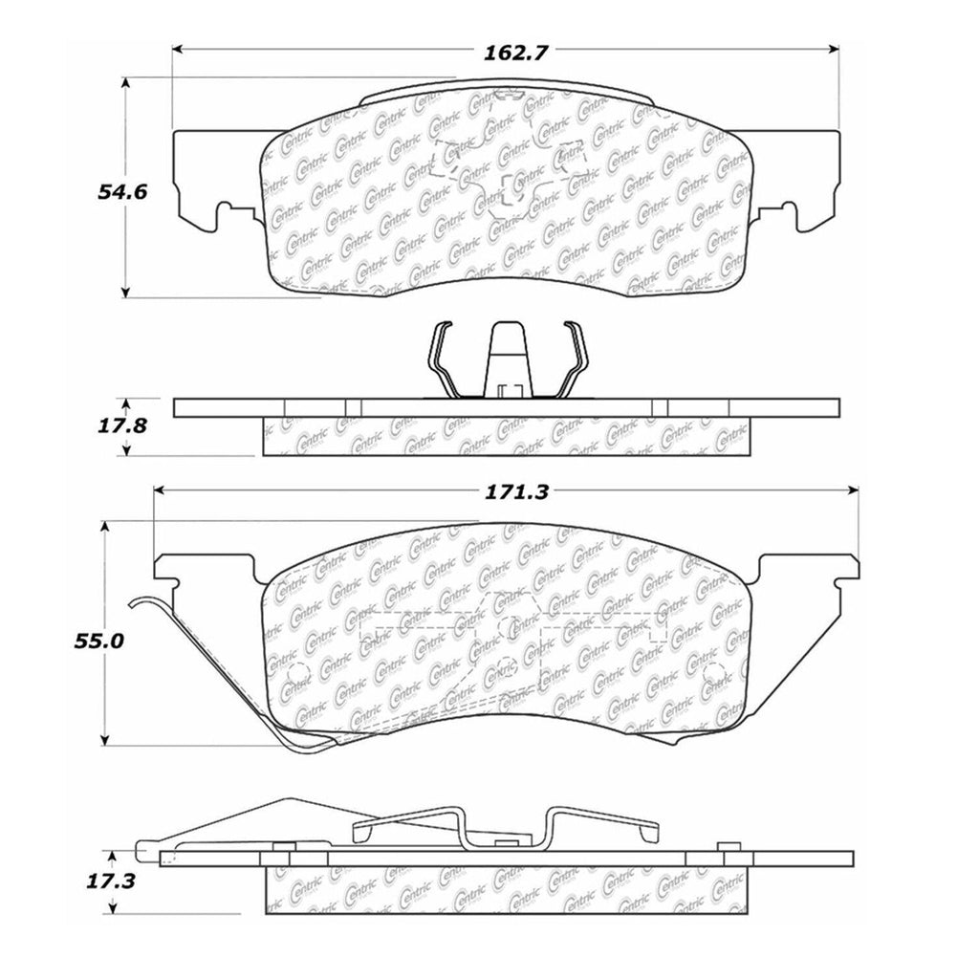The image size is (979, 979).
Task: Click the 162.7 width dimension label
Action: (x=508, y=54)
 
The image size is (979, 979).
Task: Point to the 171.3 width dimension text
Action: (x=508, y=493)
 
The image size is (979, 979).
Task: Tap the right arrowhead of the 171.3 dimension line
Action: (x=853, y=489)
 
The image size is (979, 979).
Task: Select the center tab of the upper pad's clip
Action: (x=507, y=359)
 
